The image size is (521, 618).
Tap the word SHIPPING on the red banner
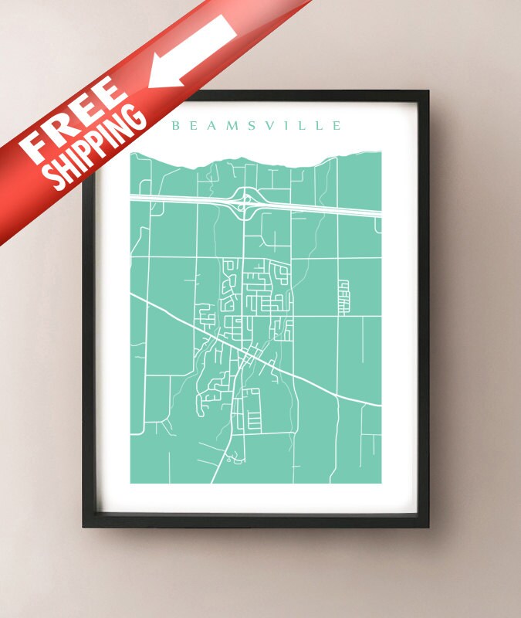point(96,150)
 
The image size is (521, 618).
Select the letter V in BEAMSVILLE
point(272,125)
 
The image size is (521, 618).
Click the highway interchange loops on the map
point(245,203)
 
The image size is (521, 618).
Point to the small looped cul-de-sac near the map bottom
point(233,460)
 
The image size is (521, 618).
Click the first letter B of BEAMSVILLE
point(176,125)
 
